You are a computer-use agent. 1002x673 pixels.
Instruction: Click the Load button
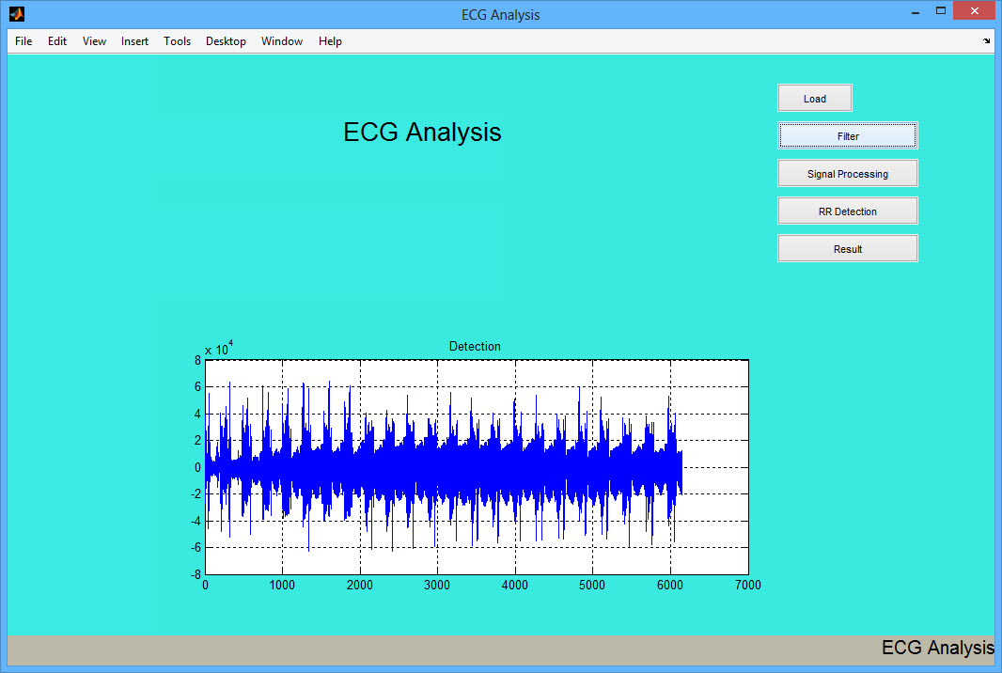[x=815, y=99]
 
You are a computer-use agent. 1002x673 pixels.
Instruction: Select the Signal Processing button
[x=847, y=174]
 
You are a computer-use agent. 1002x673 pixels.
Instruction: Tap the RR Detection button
[x=847, y=211]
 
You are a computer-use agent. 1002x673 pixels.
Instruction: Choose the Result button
[x=847, y=249]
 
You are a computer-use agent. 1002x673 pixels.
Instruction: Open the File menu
[x=23, y=41]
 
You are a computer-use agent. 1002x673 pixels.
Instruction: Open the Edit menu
[x=57, y=41]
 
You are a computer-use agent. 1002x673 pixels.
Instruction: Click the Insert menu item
[x=134, y=41]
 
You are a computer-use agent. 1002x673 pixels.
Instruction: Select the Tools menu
[x=177, y=41]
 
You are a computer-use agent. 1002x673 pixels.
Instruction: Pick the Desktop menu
[x=226, y=41]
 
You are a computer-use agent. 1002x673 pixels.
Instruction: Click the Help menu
[x=330, y=41]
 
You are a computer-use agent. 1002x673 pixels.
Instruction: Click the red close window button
[x=975, y=11]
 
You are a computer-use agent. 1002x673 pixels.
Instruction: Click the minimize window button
[x=916, y=11]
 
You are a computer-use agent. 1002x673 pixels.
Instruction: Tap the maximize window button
[x=941, y=11]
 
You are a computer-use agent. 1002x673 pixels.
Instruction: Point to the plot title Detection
[x=475, y=347]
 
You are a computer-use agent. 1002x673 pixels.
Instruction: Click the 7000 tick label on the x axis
[x=747, y=585]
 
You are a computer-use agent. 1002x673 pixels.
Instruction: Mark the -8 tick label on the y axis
[x=196, y=574]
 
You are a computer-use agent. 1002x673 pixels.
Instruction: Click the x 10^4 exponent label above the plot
[x=219, y=349]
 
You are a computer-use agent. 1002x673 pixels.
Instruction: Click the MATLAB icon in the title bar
[x=17, y=13]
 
